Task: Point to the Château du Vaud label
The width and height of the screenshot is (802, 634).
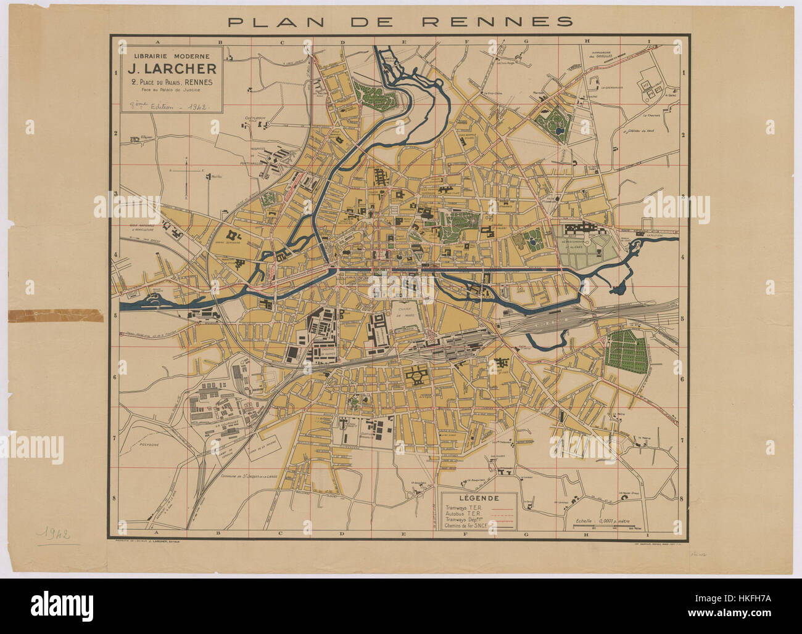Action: point(642,131)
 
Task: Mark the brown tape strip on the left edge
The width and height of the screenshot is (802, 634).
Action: point(56,315)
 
